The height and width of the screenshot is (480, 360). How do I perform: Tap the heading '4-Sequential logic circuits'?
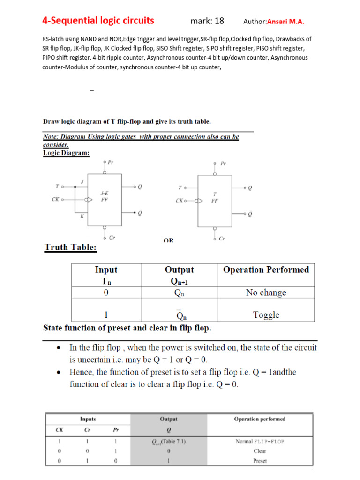tap(98, 21)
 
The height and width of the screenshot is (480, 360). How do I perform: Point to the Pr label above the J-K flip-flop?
tap(111, 162)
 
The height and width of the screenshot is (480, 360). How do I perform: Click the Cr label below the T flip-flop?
tap(222, 238)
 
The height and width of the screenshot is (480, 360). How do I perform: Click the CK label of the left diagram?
tap(55, 199)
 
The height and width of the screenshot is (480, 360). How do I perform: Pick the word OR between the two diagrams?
tap(168, 240)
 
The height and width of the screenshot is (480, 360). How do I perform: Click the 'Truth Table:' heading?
tap(70, 247)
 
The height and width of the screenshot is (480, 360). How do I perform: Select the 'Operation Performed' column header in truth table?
tap(266, 270)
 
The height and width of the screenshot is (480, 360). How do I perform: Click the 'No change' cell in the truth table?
tap(266, 292)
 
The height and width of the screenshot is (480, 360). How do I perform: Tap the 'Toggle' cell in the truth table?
tap(266, 315)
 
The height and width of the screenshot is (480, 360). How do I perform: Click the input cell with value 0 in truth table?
tap(106, 292)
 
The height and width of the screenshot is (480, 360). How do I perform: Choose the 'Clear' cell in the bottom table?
tap(259, 451)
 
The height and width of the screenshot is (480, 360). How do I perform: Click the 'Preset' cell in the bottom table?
tap(259, 461)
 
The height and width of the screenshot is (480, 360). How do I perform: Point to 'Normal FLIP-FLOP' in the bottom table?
tap(259, 441)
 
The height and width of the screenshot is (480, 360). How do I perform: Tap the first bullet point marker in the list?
tap(58, 348)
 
